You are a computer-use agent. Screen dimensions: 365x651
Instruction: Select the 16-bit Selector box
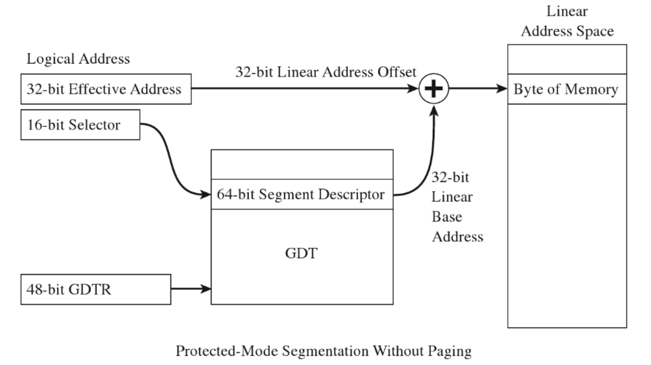[80, 125]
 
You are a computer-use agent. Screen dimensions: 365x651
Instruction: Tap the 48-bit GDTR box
[96, 289]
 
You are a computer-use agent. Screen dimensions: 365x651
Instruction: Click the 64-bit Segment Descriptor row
[302, 195]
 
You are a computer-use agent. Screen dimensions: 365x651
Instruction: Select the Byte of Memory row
[567, 90]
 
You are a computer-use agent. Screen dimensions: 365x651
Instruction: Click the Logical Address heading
[78, 59]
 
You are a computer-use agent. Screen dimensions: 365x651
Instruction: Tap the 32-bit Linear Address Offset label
[325, 72]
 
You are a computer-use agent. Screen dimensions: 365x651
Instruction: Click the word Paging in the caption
[445, 351]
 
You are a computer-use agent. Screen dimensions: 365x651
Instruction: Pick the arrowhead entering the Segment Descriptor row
[208, 195]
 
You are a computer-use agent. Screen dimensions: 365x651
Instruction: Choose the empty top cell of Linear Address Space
[567, 59]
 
